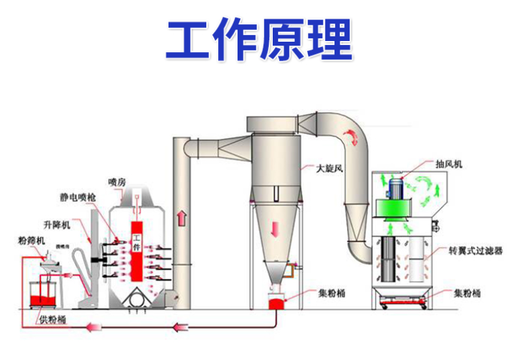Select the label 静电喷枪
[74, 196]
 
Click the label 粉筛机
[31, 241]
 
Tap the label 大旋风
[329, 168]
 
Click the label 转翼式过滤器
[475, 250]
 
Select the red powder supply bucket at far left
[41, 292]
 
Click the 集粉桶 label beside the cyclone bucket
[332, 292]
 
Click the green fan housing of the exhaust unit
[395, 208]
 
